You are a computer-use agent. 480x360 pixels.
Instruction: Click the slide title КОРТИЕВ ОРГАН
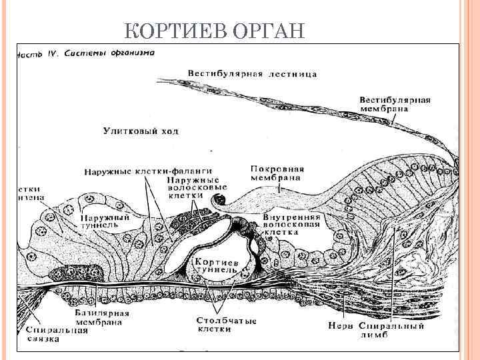point(215,31)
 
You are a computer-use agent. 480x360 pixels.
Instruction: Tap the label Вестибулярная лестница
point(252,73)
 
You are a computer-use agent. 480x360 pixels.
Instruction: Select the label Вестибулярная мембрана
point(395,104)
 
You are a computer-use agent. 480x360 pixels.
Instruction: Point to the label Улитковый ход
point(141,131)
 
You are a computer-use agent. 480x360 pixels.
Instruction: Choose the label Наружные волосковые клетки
point(193,188)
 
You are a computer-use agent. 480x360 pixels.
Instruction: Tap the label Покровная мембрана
point(277,173)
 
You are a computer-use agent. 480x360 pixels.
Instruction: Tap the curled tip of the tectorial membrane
point(218,198)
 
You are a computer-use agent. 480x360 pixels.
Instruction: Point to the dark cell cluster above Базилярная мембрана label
point(77,273)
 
